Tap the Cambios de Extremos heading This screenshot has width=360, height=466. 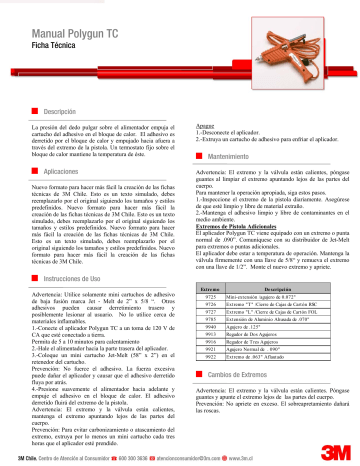240,373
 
